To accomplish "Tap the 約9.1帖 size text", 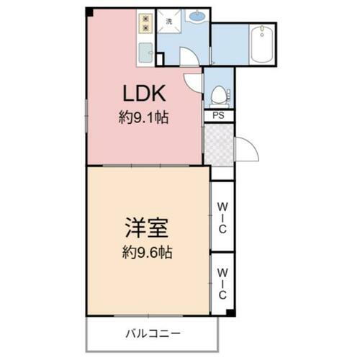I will coord(144,118).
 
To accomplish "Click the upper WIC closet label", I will coord(222,217).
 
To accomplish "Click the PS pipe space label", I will coord(218,115).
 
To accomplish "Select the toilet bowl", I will coord(219,94).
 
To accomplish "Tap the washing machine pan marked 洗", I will coord(169,23).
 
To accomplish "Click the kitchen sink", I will coord(145,53).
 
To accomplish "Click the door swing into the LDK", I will coord(193,83).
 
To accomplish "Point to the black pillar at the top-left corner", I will coord(89,12).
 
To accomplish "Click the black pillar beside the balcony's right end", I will coord(230,312).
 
